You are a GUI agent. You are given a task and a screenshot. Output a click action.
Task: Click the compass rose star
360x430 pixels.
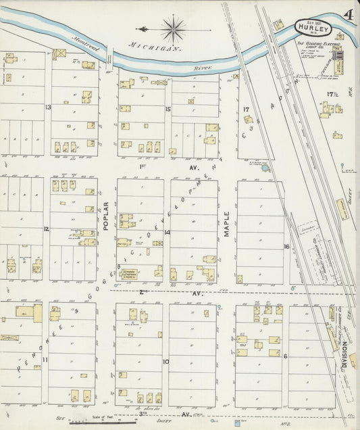coord(174,29)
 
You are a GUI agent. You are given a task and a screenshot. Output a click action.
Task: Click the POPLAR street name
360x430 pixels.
coord(106,216)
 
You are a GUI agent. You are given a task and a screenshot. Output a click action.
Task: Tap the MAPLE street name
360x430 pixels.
coord(227,224)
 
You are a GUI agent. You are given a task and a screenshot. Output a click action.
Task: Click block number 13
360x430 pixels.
coord(48,107)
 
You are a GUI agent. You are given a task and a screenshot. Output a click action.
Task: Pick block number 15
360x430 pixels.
coord(168,108)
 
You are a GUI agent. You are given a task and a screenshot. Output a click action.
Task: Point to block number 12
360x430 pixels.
coord(46,229)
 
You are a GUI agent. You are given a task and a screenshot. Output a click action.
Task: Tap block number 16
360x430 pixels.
coord(286,247)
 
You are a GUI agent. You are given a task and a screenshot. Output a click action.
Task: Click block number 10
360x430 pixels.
coord(165,361)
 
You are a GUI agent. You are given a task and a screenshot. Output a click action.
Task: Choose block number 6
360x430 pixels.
coord(286,356)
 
